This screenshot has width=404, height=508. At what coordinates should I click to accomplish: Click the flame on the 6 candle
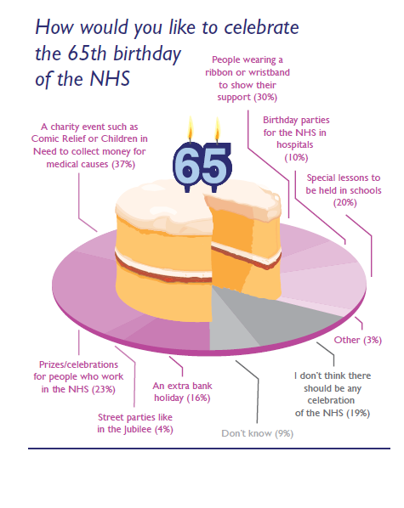[191, 128]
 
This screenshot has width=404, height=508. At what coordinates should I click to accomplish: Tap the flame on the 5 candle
[218, 130]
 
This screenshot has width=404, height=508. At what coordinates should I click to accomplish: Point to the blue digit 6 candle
[187, 167]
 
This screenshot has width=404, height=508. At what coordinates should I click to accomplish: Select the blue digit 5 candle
[215, 167]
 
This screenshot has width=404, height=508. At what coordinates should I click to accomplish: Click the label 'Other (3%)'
[358, 340]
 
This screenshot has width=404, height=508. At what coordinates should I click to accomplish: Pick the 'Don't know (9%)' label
[258, 433]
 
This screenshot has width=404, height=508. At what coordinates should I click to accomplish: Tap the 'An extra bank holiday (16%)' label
[182, 392]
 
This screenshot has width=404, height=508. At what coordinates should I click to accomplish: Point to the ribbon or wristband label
[248, 78]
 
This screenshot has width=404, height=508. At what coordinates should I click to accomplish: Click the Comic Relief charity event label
[89, 145]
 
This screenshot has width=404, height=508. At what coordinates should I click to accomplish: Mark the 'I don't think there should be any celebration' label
[333, 394]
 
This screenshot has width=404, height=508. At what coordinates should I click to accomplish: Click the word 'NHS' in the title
[110, 79]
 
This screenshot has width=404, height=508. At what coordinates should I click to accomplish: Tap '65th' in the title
[87, 54]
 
